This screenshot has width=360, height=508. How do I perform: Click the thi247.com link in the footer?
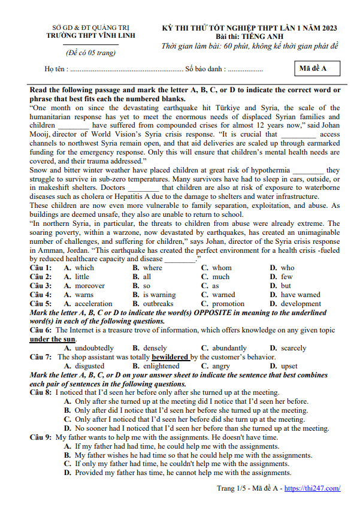312,488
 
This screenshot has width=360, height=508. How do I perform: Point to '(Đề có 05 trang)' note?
91,53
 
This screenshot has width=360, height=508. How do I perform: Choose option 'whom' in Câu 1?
222,268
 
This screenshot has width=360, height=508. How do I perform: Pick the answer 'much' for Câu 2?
220,277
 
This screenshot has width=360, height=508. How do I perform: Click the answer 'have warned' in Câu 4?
300,295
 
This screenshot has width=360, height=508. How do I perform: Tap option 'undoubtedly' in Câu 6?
94,348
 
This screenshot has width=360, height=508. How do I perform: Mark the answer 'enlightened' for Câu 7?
161,366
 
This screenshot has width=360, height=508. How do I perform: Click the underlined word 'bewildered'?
170,357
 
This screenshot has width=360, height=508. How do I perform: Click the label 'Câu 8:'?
41,393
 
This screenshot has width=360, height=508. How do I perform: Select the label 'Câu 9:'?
41,437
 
